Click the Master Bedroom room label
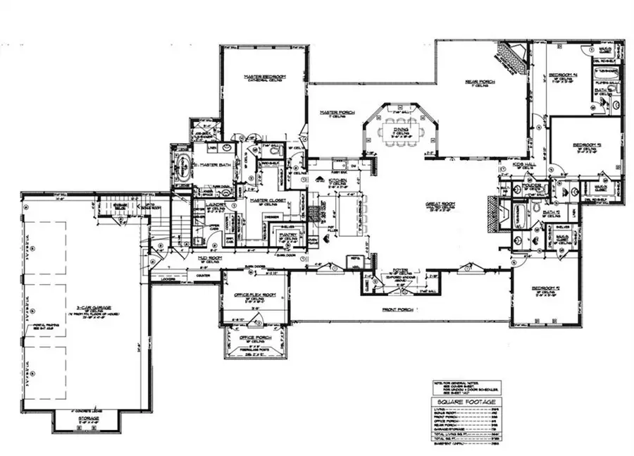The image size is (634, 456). tap(263, 76)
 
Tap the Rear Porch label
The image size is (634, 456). tap(480, 82)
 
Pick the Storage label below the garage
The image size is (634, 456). tap(89, 419)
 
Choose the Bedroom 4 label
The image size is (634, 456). tap(564, 74)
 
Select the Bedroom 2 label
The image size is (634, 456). tap(544, 288)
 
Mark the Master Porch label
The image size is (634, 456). tap(337, 112)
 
